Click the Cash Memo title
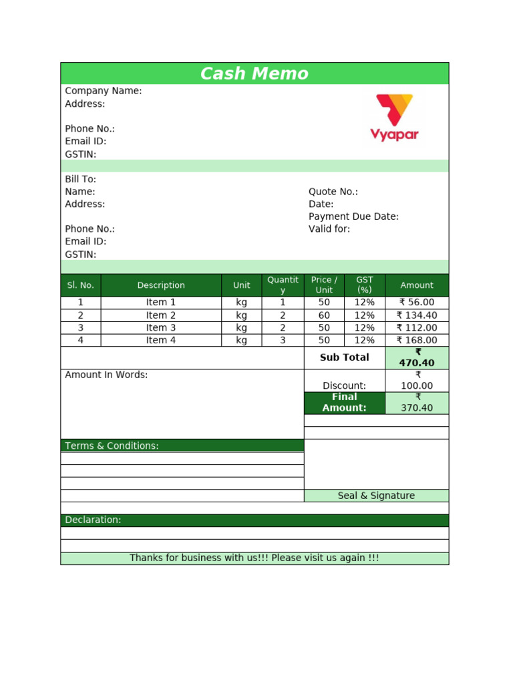click(254, 73)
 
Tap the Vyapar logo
click(394, 118)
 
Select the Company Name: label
click(103, 91)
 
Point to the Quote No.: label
click(333, 192)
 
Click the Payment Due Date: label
click(353, 216)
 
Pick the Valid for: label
click(329, 229)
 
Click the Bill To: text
click(80, 179)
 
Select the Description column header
click(161, 285)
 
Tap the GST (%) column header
click(365, 285)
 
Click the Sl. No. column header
click(81, 285)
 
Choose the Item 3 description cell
click(161, 328)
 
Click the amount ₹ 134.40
click(417, 315)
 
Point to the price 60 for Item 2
click(324, 315)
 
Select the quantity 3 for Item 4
click(283, 341)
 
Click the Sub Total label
click(344, 357)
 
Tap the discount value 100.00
click(417, 386)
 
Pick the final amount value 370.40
click(417, 408)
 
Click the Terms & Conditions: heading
click(112, 446)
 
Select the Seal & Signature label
click(376, 496)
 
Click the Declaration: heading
click(93, 520)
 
